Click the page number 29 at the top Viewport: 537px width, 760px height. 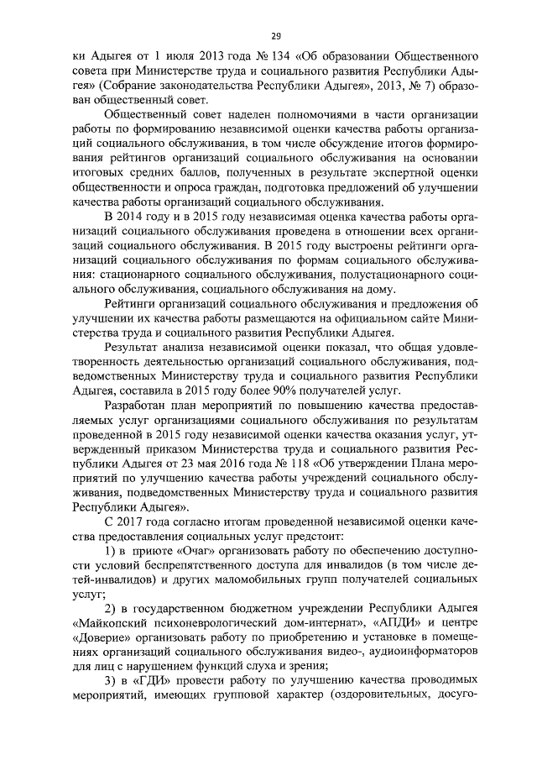click(275, 35)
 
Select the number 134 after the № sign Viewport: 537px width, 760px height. click(237, 56)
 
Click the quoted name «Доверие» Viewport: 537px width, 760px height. click(96, 637)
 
